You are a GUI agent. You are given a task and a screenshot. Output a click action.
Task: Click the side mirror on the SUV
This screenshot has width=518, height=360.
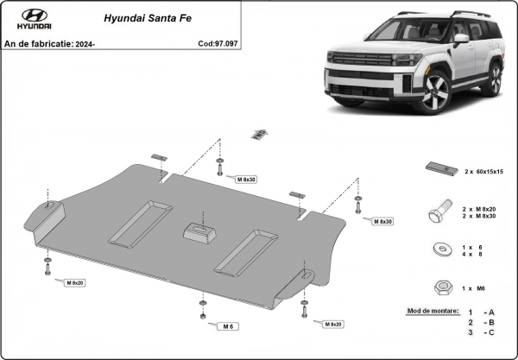tap(462, 39)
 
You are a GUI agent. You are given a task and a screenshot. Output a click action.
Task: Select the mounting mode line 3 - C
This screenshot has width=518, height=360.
tap(480, 332)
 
